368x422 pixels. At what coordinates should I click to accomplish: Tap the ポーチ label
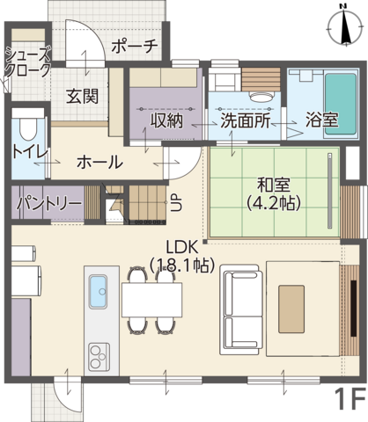click(135, 46)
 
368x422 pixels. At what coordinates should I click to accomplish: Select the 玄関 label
click(82, 96)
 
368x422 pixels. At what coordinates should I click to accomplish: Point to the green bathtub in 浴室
click(341, 104)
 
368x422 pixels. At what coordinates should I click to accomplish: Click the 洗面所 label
click(245, 120)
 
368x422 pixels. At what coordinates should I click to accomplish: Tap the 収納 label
click(166, 120)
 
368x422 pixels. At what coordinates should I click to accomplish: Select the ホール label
click(99, 162)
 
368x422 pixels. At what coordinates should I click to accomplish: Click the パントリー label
click(48, 202)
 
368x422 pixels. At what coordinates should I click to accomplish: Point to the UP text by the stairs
click(176, 203)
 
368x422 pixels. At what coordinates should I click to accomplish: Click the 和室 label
click(274, 185)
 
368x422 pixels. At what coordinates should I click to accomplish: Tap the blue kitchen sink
click(98, 292)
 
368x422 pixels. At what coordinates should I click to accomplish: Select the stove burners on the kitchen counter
click(99, 357)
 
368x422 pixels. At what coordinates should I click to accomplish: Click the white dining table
click(151, 300)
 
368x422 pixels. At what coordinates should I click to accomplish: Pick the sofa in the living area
click(241, 310)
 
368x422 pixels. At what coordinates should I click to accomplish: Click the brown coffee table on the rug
click(291, 309)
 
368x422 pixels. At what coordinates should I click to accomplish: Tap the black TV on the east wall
click(354, 309)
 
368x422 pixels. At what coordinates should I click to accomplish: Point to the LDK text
click(182, 248)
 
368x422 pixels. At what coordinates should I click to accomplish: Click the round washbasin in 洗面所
click(261, 97)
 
